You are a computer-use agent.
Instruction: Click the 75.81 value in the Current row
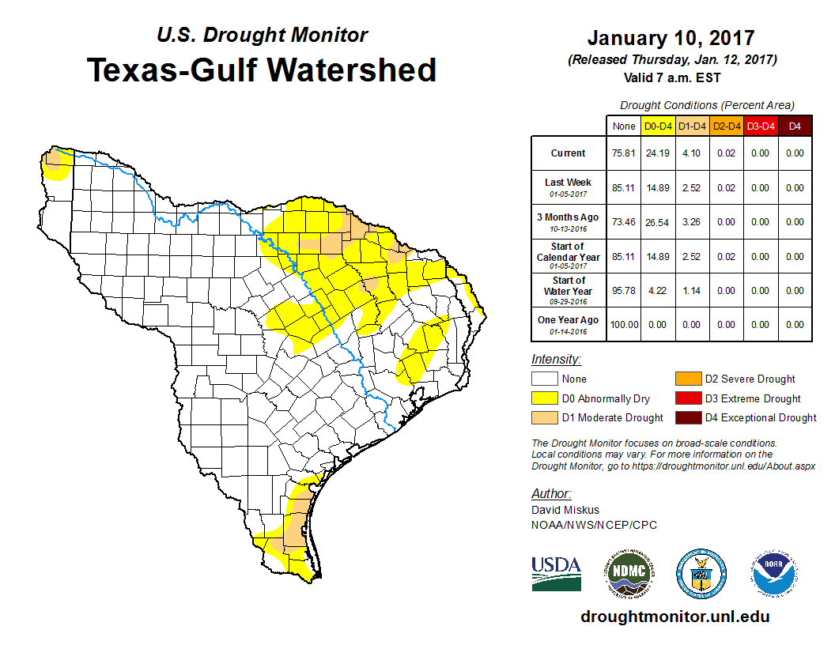click(622, 153)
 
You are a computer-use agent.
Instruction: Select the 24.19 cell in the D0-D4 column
click(657, 153)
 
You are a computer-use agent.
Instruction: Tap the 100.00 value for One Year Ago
click(622, 325)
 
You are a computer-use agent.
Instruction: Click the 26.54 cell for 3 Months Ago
click(657, 222)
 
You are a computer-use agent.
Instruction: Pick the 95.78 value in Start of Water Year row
click(622, 291)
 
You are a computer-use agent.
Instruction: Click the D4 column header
click(795, 126)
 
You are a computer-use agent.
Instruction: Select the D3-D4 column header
click(761, 126)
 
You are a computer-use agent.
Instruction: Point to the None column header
click(622, 126)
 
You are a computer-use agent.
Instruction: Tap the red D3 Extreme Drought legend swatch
click(687, 398)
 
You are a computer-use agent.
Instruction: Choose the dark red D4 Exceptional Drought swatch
click(687, 417)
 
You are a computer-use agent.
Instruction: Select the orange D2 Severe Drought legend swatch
click(687, 379)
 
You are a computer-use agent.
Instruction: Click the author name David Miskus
click(565, 511)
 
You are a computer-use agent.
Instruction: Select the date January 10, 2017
click(671, 38)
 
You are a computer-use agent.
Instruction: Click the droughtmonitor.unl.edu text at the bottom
click(674, 617)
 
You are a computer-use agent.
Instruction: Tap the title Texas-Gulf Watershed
click(261, 70)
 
